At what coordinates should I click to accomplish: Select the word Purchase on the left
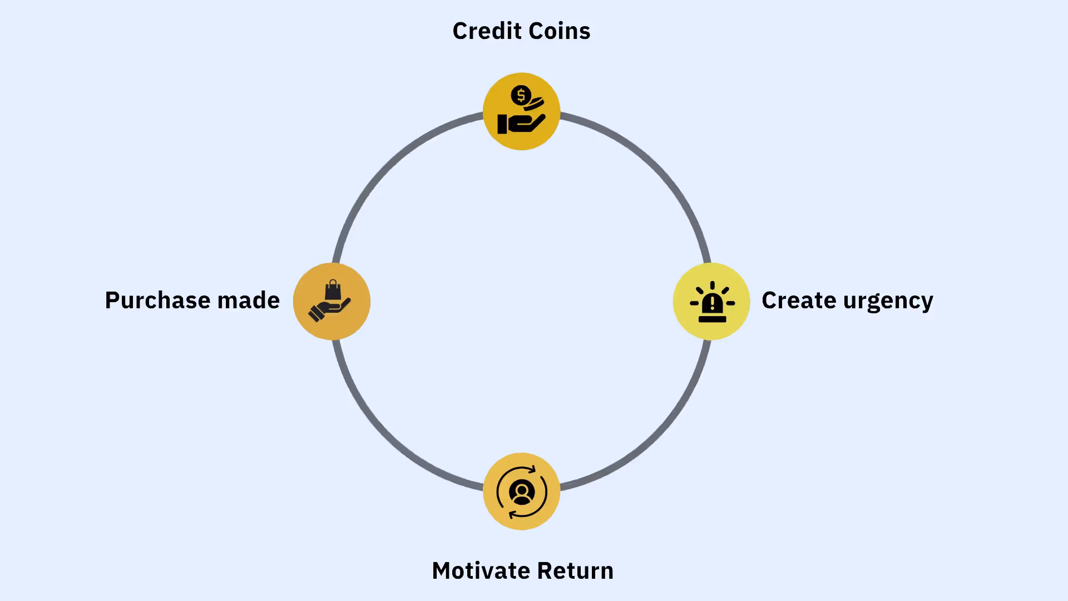(157, 300)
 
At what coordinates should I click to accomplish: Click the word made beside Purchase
(248, 300)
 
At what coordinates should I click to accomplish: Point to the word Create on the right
(799, 300)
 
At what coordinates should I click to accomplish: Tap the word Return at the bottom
(575, 571)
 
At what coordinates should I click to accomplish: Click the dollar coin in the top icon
(521, 96)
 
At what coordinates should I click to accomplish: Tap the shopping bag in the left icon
(333, 290)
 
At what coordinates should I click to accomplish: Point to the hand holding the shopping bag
(329, 309)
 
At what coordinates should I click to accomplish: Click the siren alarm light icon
(712, 302)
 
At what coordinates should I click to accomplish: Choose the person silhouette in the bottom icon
(522, 492)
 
